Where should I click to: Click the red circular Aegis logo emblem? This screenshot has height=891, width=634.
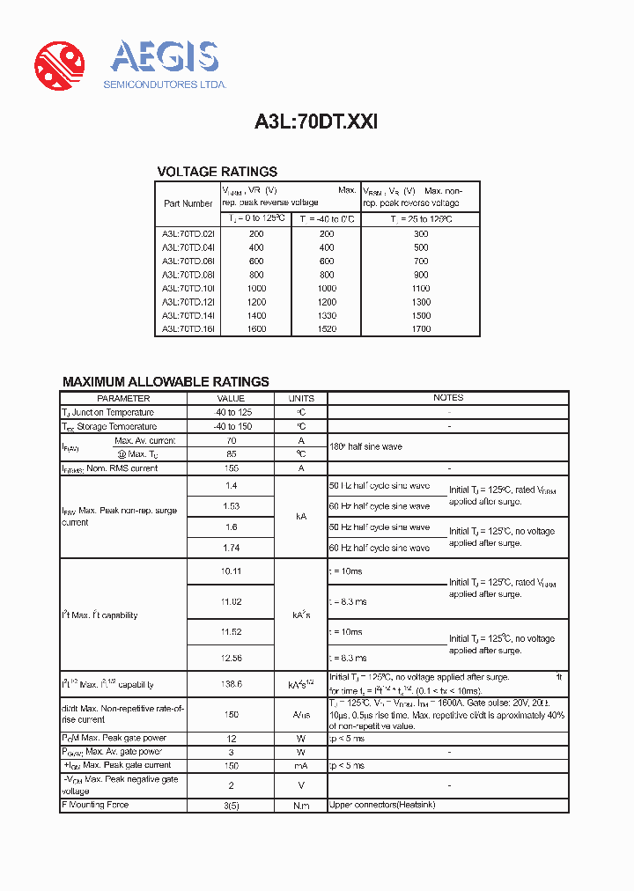tap(59, 64)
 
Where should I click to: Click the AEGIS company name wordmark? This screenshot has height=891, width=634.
tap(164, 57)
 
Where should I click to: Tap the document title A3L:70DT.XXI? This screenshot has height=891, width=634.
tap(316, 122)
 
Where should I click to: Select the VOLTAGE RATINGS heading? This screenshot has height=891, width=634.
tap(217, 172)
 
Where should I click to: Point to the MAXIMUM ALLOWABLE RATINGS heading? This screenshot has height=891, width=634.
tap(166, 381)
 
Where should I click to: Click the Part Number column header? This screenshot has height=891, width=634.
tap(188, 203)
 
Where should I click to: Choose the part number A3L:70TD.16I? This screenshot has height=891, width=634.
tap(188, 328)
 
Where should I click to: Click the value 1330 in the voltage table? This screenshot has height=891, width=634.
tap(326, 315)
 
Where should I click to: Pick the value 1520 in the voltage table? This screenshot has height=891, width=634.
tap(326, 328)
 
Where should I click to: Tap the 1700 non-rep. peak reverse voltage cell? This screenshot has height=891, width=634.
tap(421, 328)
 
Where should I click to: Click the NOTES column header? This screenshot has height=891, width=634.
tap(448, 398)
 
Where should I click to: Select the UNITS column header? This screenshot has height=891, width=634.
tap(301, 398)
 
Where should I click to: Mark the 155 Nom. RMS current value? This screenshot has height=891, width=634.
tap(232, 468)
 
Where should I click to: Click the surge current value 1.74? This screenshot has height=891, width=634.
tap(232, 548)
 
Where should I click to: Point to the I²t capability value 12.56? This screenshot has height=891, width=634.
tap(232, 658)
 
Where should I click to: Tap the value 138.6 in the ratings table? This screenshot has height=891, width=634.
tap(232, 684)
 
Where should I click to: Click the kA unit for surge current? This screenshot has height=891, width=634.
tap(301, 517)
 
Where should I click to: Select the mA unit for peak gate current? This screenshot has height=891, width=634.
tap(301, 766)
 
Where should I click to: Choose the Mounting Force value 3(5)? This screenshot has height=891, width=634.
tap(232, 805)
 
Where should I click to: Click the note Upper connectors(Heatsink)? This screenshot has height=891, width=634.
tap(382, 805)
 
